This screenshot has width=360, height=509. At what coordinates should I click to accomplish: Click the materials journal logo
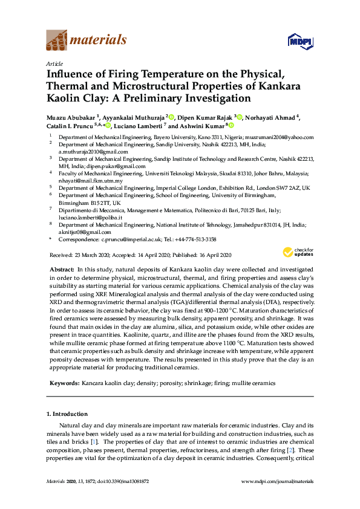[x=87, y=41]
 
